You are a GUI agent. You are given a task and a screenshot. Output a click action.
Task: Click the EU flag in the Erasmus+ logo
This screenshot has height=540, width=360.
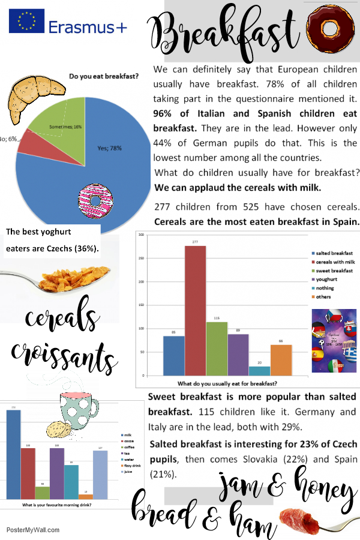tap(26, 21)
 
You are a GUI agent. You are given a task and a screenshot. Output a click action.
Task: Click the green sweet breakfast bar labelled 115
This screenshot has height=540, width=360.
tap(217, 349)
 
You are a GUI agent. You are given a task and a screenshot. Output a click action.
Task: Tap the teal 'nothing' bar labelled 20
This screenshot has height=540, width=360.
tap(259, 371)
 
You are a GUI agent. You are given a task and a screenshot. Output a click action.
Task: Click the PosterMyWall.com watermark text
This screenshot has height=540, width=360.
tap(33, 530)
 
